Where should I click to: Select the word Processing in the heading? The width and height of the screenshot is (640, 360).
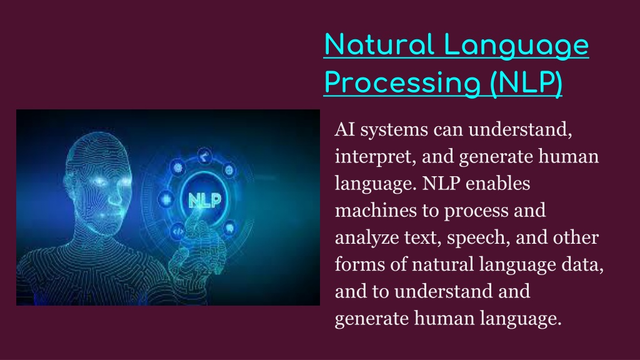coord(402,83)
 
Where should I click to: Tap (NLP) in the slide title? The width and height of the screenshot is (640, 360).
coord(526,83)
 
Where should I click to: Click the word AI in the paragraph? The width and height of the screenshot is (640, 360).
coord(345,130)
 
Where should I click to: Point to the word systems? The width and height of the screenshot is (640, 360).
coord(394,131)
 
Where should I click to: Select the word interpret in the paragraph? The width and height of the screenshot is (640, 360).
coord(375,157)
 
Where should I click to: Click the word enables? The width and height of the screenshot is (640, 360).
coord(497,183)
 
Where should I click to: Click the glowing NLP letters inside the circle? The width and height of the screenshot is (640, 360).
coord(204,200)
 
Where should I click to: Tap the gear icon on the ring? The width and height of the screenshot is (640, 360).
coord(178,167)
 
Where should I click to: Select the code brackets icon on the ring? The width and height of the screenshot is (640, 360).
coord(178,232)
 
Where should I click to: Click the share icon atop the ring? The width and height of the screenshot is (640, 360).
coord(204,156)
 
